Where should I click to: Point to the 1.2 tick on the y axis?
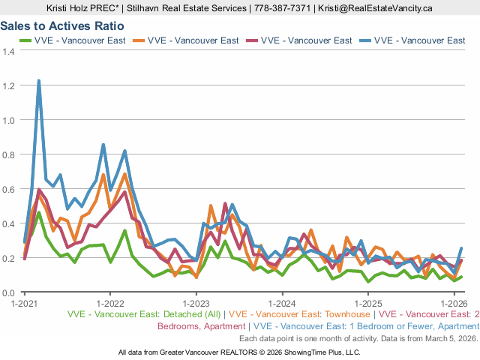pyautogui.click(x=9, y=85)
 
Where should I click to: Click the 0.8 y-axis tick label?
pyautogui.click(x=9, y=154)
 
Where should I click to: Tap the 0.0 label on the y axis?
pyautogui.click(x=9, y=292)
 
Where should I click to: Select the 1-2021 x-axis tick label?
pyautogui.click(x=24, y=303)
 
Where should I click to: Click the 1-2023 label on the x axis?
pyautogui.click(x=196, y=303)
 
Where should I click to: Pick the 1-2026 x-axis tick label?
pyautogui.click(x=454, y=303)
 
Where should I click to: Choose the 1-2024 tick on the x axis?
pyautogui.click(x=282, y=303)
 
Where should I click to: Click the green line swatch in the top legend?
pyautogui.click(x=25, y=40)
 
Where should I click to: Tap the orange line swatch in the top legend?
pyautogui.click(x=138, y=40)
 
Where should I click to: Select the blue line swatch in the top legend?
pyautogui.click(x=363, y=40)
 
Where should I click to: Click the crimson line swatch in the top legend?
pyautogui.click(x=250, y=40)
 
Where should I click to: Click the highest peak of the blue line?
pyautogui.click(x=38, y=80)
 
